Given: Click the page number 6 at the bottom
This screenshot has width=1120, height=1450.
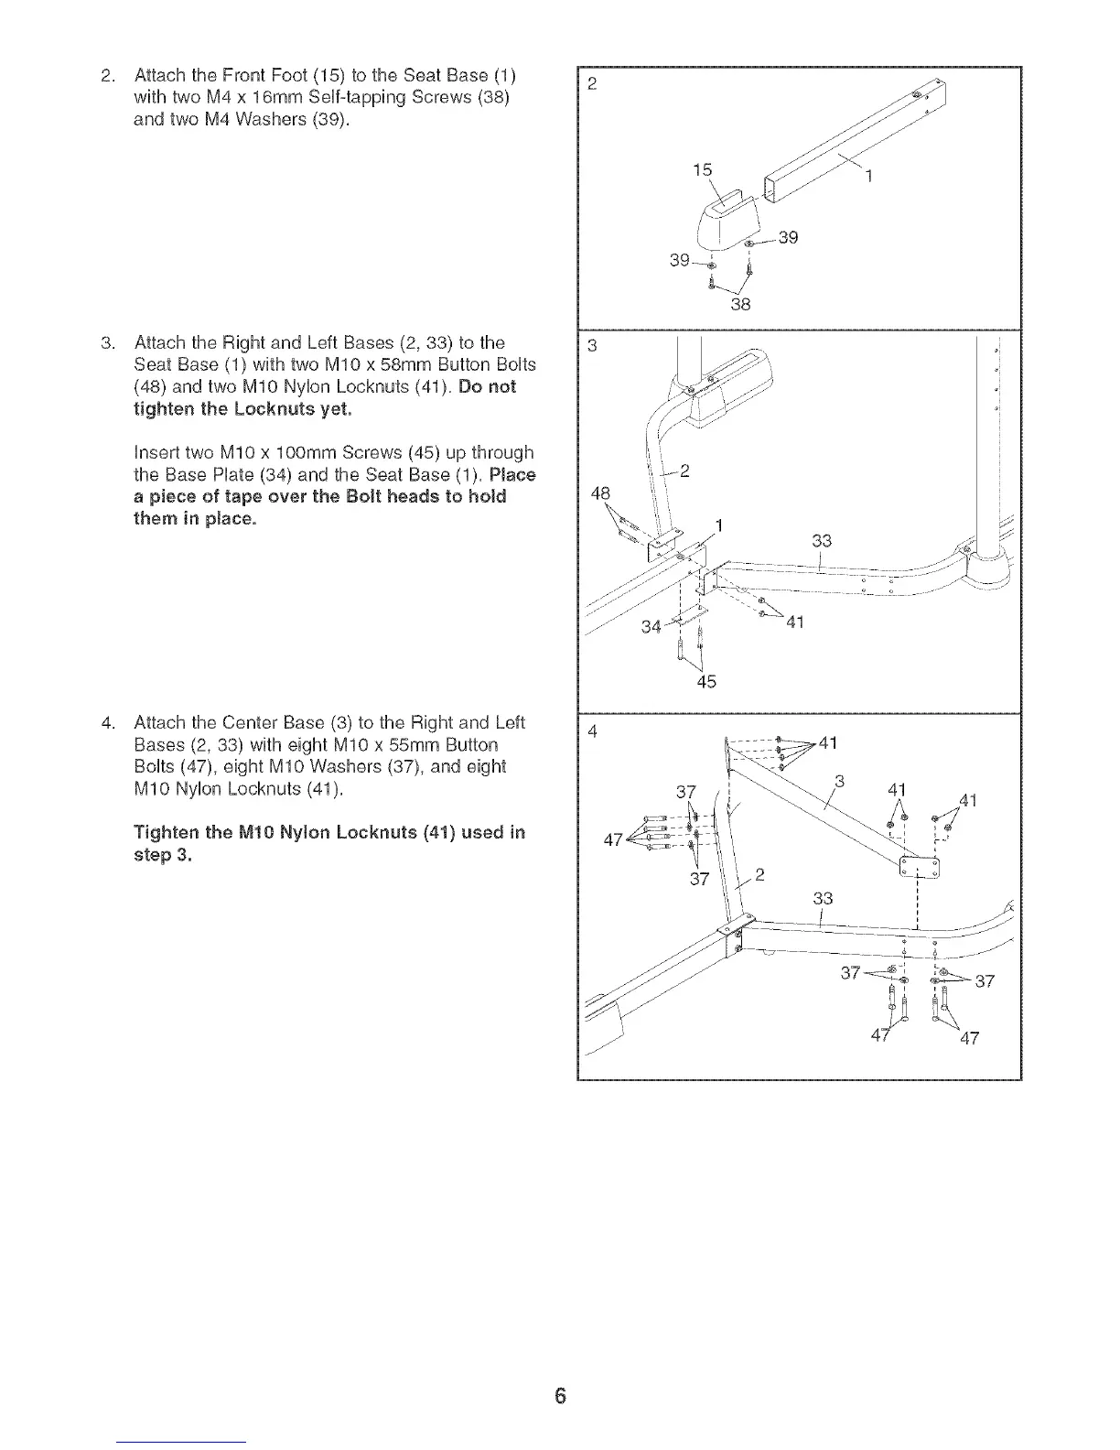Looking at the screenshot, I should (x=561, y=1396).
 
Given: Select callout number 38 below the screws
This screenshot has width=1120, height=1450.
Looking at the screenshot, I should (x=740, y=305).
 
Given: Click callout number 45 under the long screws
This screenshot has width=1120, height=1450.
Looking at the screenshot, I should (x=706, y=681).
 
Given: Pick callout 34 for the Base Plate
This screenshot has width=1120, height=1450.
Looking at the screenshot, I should (x=651, y=627).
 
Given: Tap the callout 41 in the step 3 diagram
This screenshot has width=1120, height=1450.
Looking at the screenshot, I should (x=794, y=623).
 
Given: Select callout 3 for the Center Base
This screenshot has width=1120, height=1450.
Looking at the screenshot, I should (x=838, y=781).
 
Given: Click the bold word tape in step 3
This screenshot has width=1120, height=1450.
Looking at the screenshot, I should (x=232, y=497).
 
